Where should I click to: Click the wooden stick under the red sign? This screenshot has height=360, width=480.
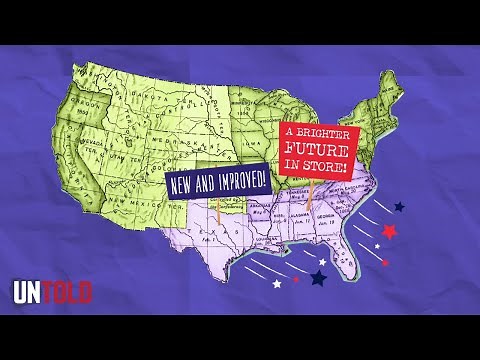[311, 195]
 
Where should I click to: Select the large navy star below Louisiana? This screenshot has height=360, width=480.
[320, 277]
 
